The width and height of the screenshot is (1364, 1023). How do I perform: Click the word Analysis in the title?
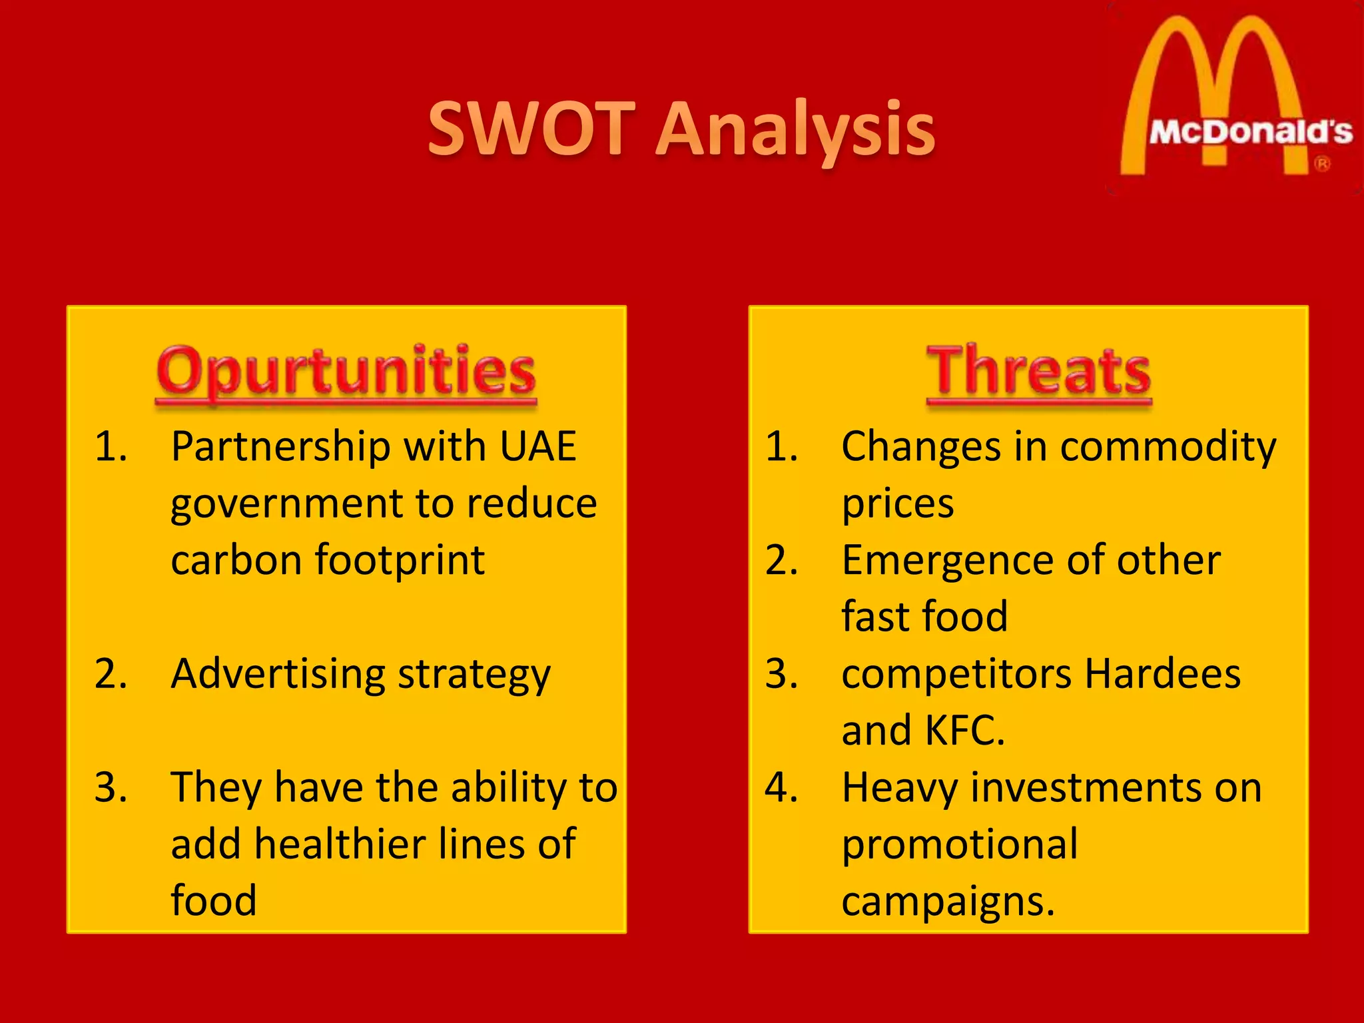coord(796,131)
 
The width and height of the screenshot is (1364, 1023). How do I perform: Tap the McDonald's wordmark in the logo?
coord(1251,132)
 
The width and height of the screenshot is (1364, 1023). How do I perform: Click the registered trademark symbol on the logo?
coord(1322,164)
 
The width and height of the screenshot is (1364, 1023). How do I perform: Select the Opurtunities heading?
coord(346,371)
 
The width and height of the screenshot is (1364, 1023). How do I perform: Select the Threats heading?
coord(1038,371)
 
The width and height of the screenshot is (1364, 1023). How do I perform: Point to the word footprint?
coord(400,560)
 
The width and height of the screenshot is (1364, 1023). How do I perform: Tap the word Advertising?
coord(278,675)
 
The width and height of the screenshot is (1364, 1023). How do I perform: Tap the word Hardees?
coord(1163,674)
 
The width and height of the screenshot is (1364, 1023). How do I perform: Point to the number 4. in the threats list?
coord(781,788)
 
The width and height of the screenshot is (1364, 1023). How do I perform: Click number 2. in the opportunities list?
coord(111,674)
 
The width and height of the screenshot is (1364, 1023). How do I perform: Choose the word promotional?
coord(959,845)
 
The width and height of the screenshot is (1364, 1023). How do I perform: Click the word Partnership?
coord(280,446)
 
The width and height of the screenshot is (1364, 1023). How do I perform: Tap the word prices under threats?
coord(897,504)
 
